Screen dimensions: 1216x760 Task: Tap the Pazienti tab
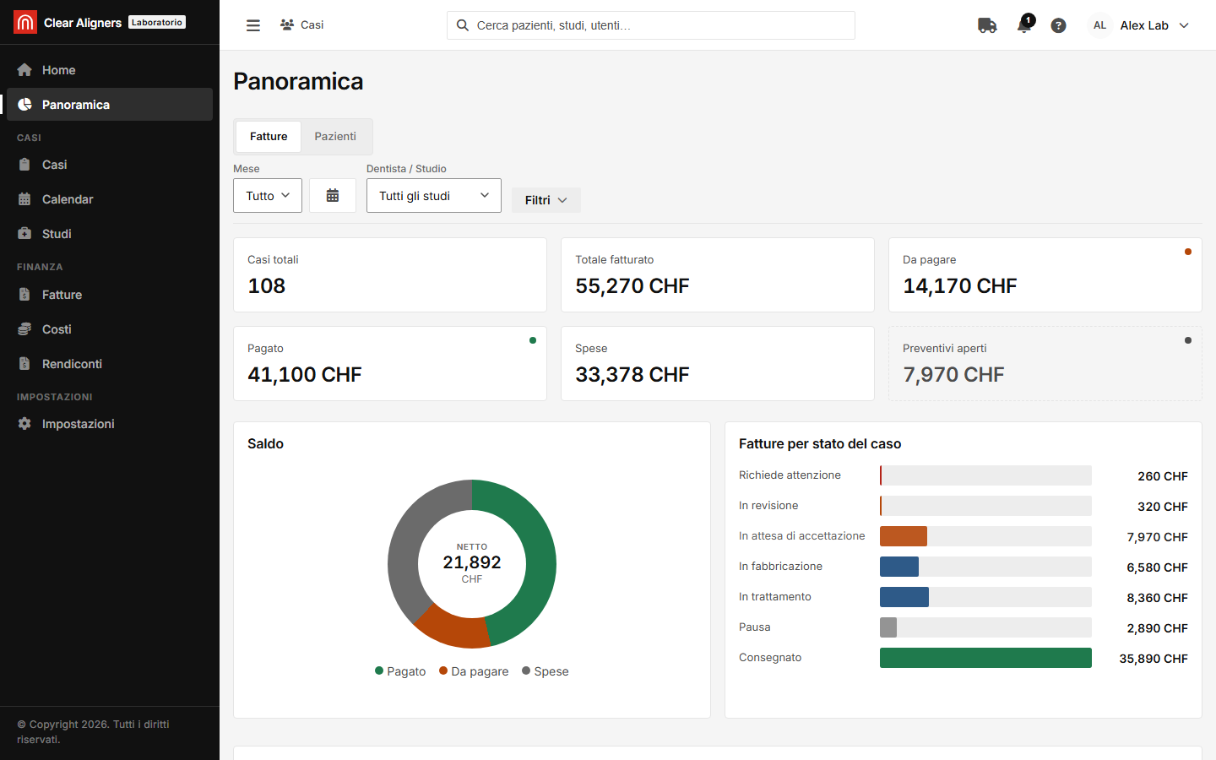tap(335, 136)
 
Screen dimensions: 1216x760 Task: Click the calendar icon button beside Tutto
tap(332, 195)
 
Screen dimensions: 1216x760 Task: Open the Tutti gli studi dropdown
tap(433, 195)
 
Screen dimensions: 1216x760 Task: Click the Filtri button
tap(546, 200)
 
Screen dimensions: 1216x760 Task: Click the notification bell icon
tap(1024, 25)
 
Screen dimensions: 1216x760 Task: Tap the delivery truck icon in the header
tap(987, 25)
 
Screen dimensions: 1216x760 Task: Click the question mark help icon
tap(1058, 25)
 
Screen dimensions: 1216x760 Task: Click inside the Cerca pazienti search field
tap(650, 25)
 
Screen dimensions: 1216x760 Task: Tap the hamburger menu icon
tap(253, 25)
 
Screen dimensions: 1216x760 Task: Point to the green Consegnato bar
tap(985, 657)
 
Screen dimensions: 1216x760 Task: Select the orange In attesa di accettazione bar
tap(904, 535)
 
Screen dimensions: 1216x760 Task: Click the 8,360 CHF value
tap(1157, 598)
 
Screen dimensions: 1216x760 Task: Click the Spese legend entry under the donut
tap(545, 671)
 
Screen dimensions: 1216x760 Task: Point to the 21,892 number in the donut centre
tap(472, 562)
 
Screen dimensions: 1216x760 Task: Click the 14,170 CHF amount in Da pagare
tap(959, 285)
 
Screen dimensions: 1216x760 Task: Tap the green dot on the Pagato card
tap(533, 340)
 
